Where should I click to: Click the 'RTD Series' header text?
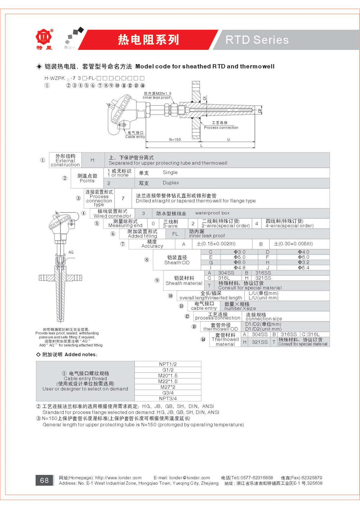click(257, 40)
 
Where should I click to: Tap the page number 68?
click(44, 480)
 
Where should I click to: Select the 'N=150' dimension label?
click(175, 140)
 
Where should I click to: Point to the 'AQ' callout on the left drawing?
click(71, 252)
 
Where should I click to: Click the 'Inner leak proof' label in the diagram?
click(157, 98)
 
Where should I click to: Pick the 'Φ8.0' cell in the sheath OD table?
click(239, 262)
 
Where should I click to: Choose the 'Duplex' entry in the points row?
click(171, 183)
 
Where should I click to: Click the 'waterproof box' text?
click(212, 213)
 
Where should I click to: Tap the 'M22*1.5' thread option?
click(168, 381)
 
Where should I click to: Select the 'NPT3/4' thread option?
click(168, 398)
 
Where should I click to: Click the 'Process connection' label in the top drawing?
click(221, 127)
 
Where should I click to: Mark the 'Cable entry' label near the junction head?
click(135, 137)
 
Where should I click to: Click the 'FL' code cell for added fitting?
click(175, 234)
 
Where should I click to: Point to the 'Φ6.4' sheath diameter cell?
click(303, 268)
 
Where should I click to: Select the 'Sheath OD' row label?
click(177, 262)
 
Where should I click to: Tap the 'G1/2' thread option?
click(168, 370)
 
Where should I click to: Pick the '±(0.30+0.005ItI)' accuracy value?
click(293, 244)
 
